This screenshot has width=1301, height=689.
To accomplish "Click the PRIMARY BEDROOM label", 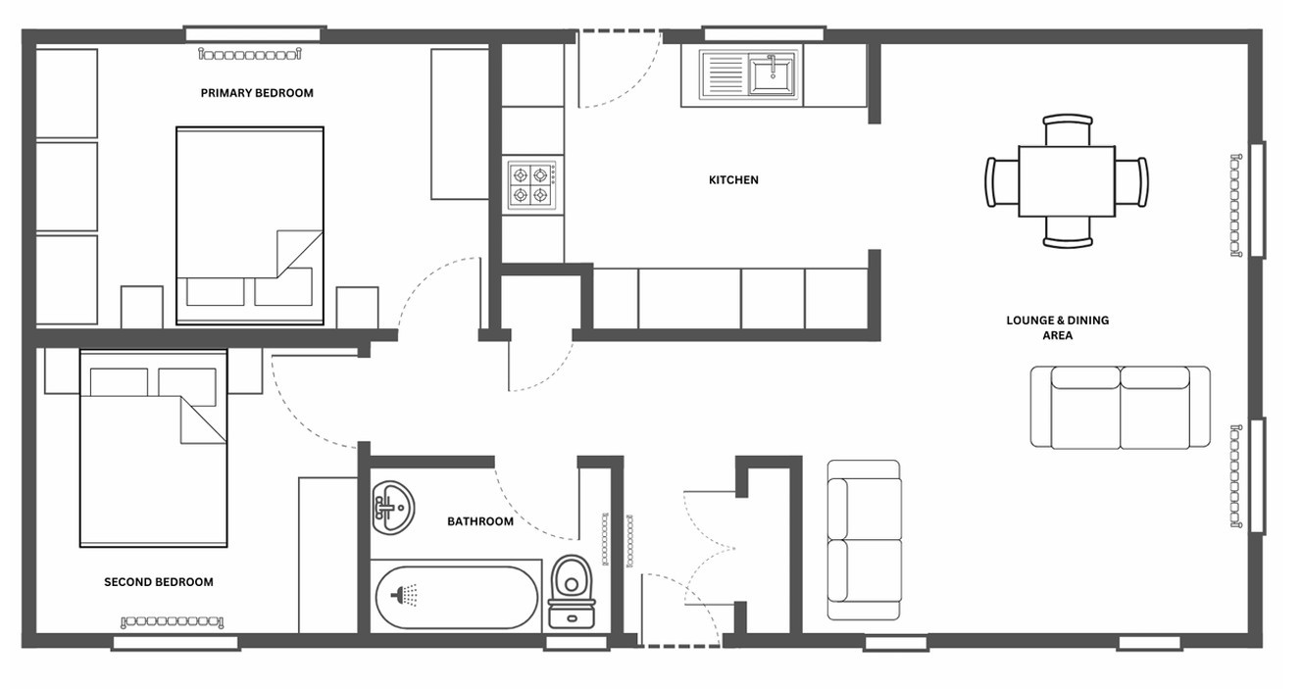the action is click(x=257, y=93).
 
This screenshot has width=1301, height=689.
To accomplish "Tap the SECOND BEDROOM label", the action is click(x=159, y=582).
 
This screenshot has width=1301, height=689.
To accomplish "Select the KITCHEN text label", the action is click(x=733, y=180).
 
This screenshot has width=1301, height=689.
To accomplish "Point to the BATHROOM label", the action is click(x=480, y=521).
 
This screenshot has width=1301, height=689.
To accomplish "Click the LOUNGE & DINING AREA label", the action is click(x=1058, y=327).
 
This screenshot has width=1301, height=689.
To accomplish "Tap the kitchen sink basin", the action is click(x=772, y=74).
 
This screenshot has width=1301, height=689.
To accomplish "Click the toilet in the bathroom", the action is click(x=573, y=592).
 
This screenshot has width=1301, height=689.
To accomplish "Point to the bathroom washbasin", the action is click(x=392, y=507).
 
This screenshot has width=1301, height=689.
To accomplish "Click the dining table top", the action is click(x=1067, y=181).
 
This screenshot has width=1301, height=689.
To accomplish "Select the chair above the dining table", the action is click(x=1068, y=129).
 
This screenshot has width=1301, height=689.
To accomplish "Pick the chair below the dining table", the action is click(x=1068, y=232).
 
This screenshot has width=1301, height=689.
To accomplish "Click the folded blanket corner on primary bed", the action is click(x=300, y=254).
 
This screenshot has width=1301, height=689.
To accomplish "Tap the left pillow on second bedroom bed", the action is click(x=119, y=382).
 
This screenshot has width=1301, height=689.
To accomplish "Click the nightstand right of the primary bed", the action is click(x=357, y=308).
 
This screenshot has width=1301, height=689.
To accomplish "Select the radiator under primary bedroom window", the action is click(x=250, y=55).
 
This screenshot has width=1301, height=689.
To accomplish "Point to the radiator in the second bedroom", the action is click(x=172, y=622).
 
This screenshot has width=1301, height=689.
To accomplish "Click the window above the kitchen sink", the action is click(x=764, y=33).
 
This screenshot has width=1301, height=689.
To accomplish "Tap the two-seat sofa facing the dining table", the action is click(x=1121, y=408).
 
